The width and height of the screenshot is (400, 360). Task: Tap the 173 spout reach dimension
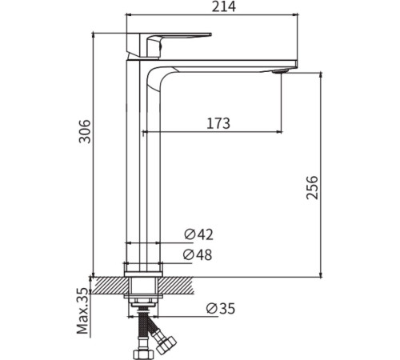click(217, 123)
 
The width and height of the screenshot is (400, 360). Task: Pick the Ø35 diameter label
click(219, 309)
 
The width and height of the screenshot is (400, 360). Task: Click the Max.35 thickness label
click(82, 313)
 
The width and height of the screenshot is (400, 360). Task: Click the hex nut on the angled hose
click(166, 345)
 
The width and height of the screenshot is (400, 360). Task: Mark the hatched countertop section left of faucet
click(108, 284)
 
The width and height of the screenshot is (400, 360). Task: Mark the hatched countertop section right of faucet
click(180, 284)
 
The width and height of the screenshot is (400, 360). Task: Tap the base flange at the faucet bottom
click(143, 269)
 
